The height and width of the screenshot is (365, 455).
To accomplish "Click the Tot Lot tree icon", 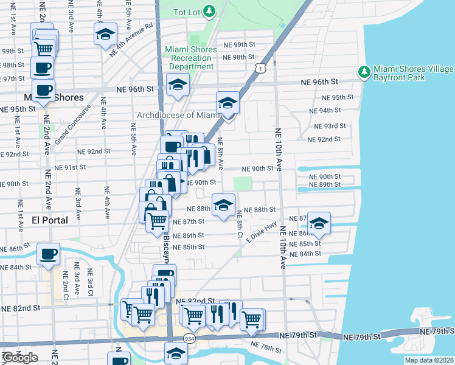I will coord(209,11).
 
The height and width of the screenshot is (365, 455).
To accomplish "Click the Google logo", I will coord(19,357).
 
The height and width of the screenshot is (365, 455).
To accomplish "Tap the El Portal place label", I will coord(55,221).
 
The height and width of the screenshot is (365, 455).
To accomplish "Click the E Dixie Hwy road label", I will coord(262,233).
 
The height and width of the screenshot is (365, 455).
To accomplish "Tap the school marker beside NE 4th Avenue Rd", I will coord(105,34).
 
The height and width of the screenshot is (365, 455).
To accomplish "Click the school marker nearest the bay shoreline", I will coord(319,223).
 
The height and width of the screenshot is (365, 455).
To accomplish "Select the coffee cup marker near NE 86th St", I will coord(49,254).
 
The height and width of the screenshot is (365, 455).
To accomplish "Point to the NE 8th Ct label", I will coord(240,224).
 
